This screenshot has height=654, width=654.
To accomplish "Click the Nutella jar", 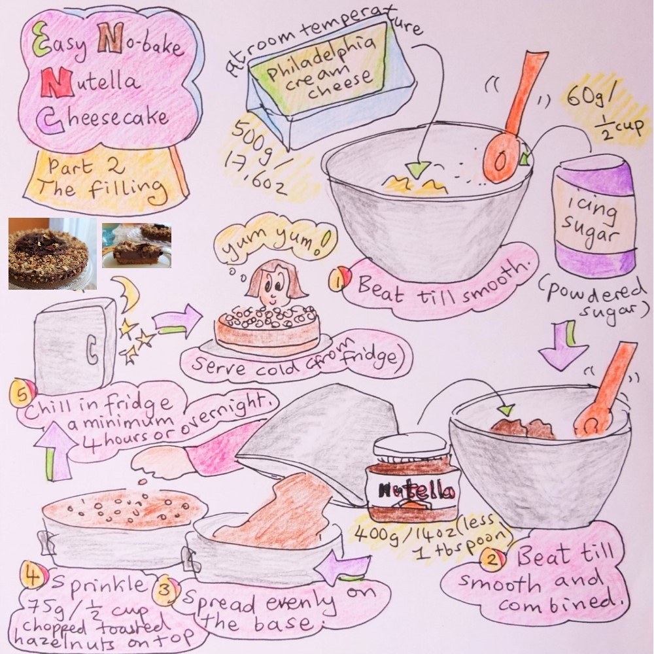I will (411, 481).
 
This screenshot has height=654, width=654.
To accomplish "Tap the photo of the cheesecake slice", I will (137, 245).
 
